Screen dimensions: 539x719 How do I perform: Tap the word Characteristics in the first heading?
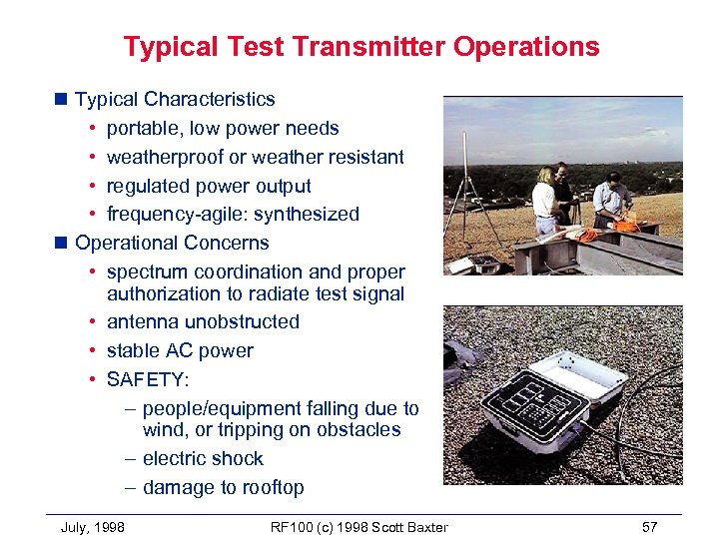click(x=209, y=99)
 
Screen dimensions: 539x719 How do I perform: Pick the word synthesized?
click(x=307, y=215)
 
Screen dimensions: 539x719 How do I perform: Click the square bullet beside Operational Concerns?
click(x=62, y=243)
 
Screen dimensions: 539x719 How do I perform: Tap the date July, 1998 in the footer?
click(x=93, y=527)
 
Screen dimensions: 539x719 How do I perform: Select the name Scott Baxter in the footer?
click(x=408, y=527)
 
